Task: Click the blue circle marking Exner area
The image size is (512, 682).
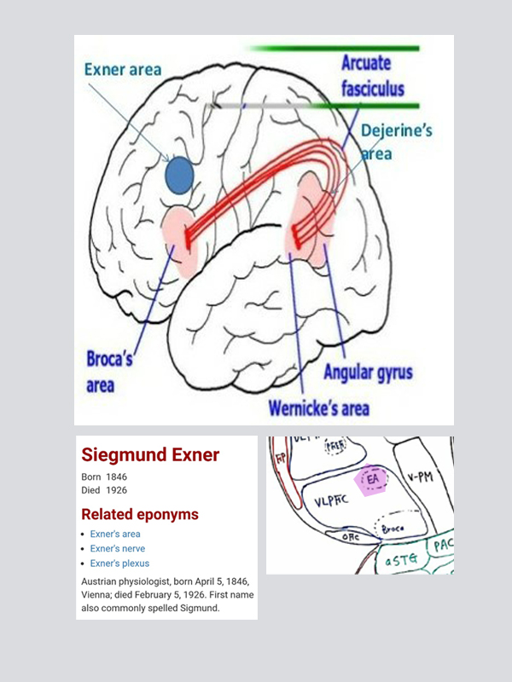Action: point(179,175)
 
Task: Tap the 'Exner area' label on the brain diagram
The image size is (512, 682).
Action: point(123,69)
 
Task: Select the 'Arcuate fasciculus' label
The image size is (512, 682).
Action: point(373,76)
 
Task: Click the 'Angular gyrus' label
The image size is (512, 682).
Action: point(368,373)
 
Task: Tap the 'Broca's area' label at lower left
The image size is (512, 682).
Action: point(109,372)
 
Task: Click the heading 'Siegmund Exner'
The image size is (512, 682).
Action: point(149,455)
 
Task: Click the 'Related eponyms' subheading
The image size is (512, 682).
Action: point(139,515)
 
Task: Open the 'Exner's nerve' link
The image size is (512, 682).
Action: point(118,549)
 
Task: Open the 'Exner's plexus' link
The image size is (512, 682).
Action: point(119,564)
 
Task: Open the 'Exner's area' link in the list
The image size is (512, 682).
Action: point(115,535)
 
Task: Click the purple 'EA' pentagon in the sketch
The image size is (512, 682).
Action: point(374,481)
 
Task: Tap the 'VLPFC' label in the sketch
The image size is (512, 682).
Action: point(331,502)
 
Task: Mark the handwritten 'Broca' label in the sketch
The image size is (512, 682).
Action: point(392,530)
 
